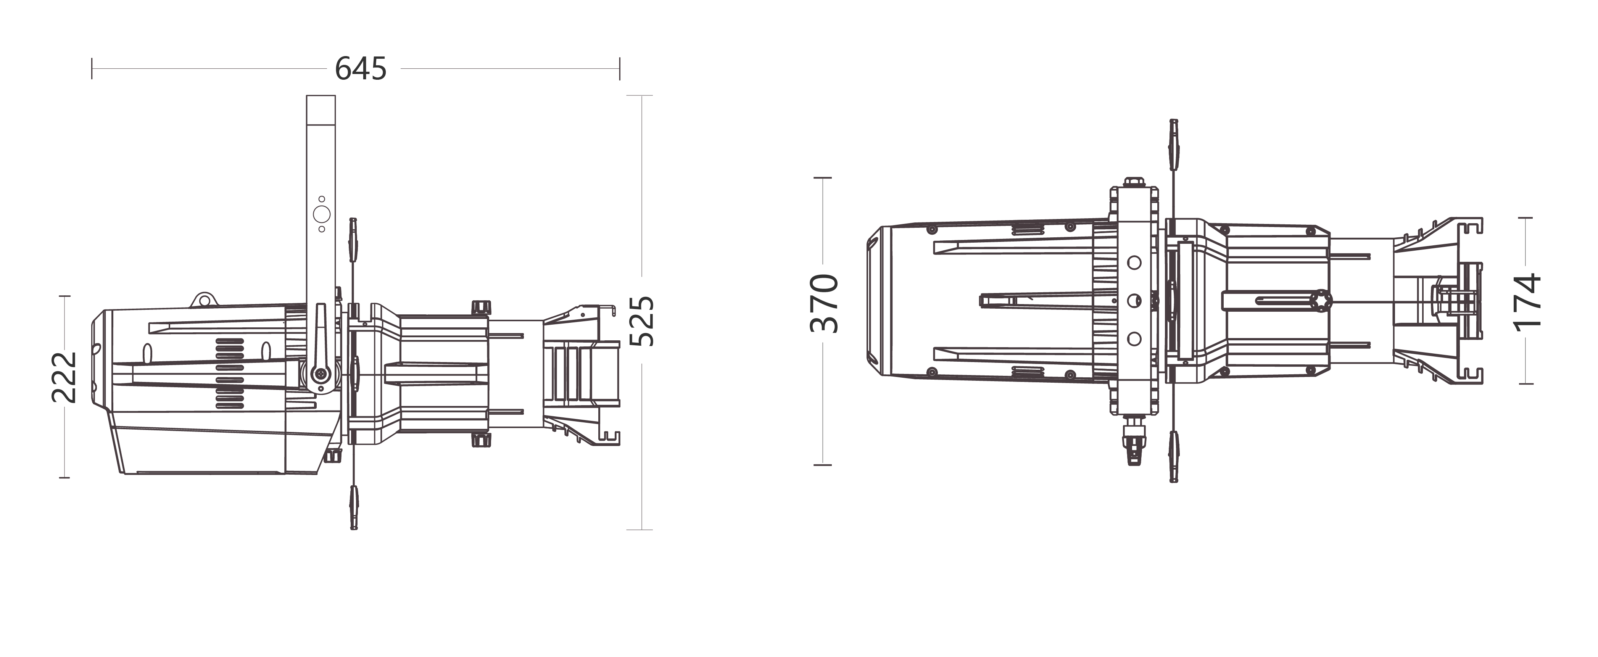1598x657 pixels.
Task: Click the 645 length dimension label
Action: [361, 68]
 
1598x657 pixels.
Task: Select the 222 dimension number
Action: [63, 377]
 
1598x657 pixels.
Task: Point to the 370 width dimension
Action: [825, 303]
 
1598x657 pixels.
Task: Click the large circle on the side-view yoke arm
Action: [321, 215]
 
